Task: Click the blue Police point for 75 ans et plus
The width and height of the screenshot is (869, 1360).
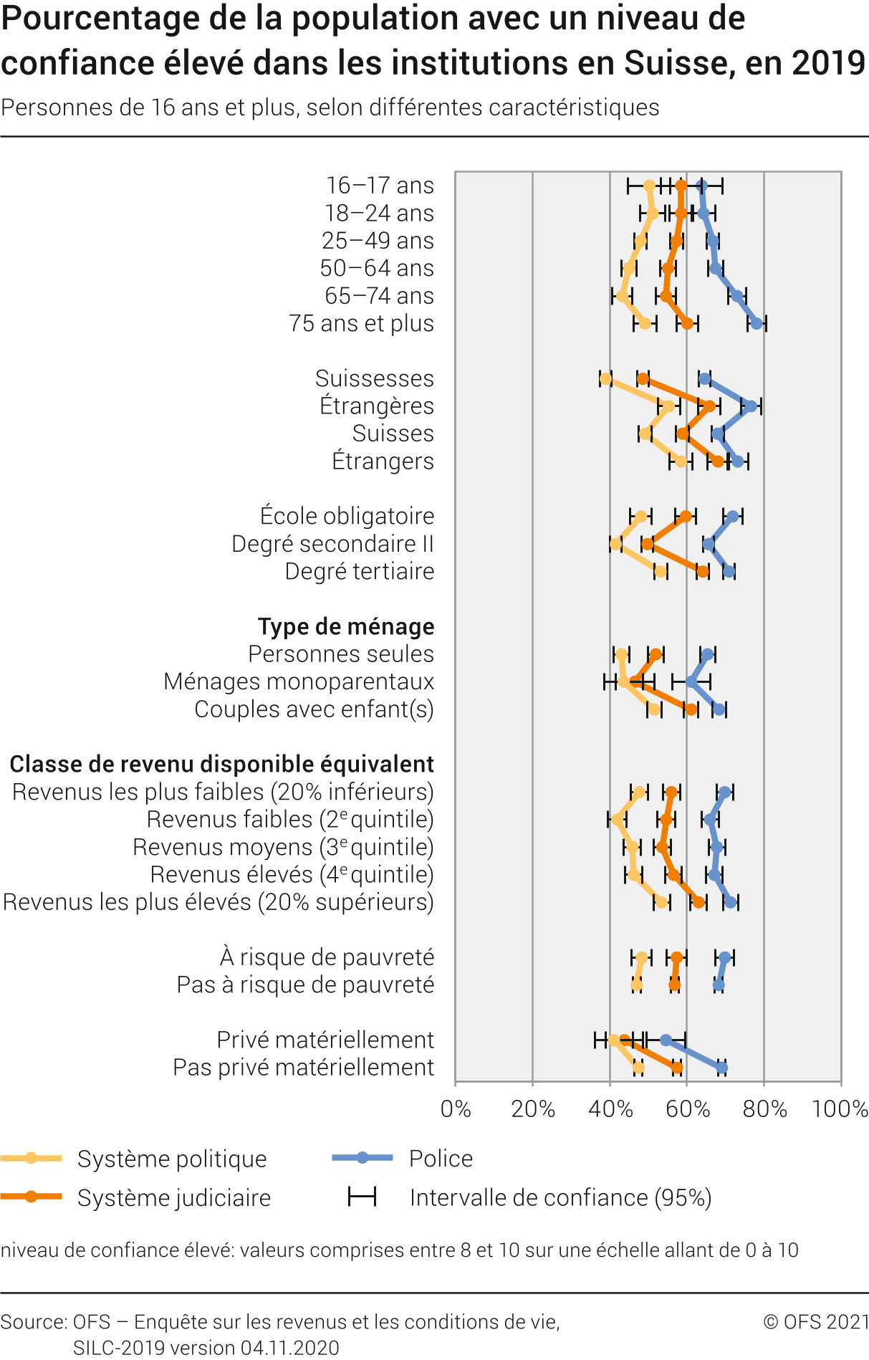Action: pyautogui.click(x=757, y=323)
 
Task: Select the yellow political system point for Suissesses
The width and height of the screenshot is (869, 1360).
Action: pyautogui.click(x=606, y=378)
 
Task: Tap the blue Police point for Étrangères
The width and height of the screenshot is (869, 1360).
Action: pyautogui.click(x=750, y=406)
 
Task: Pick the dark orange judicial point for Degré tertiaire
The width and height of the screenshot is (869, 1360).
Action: pyautogui.click(x=703, y=571)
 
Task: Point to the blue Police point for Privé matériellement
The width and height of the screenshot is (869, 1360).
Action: pyautogui.click(x=666, y=1040)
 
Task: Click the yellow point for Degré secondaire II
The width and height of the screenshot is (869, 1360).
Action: pyautogui.click(x=616, y=544)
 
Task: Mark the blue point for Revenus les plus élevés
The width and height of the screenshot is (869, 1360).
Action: pyautogui.click(x=731, y=901)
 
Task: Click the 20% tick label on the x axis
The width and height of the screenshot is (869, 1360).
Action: pyautogui.click(x=533, y=1109)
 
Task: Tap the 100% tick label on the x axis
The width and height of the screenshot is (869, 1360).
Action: pyautogui.click(x=840, y=1109)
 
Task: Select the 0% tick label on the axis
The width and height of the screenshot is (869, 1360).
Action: pyautogui.click(x=456, y=1109)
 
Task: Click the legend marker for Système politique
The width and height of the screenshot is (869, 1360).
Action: pyautogui.click(x=31, y=1158)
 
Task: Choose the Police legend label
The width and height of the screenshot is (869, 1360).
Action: pyautogui.click(x=441, y=1158)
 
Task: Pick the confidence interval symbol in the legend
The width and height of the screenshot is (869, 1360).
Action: pyautogui.click(x=362, y=1197)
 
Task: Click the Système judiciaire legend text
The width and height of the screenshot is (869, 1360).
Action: pyautogui.click(x=174, y=1197)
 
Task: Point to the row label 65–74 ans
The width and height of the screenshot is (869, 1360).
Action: pyautogui.click(x=379, y=296)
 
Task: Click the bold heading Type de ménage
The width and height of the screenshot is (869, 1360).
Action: pyautogui.click(x=346, y=626)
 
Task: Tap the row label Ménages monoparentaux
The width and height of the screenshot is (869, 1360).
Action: pyautogui.click(x=299, y=681)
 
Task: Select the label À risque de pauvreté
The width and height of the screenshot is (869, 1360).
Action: pyautogui.click(x=327, y=957)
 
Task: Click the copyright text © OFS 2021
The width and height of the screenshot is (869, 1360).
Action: pyautogui.click(x=816, y=1321)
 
